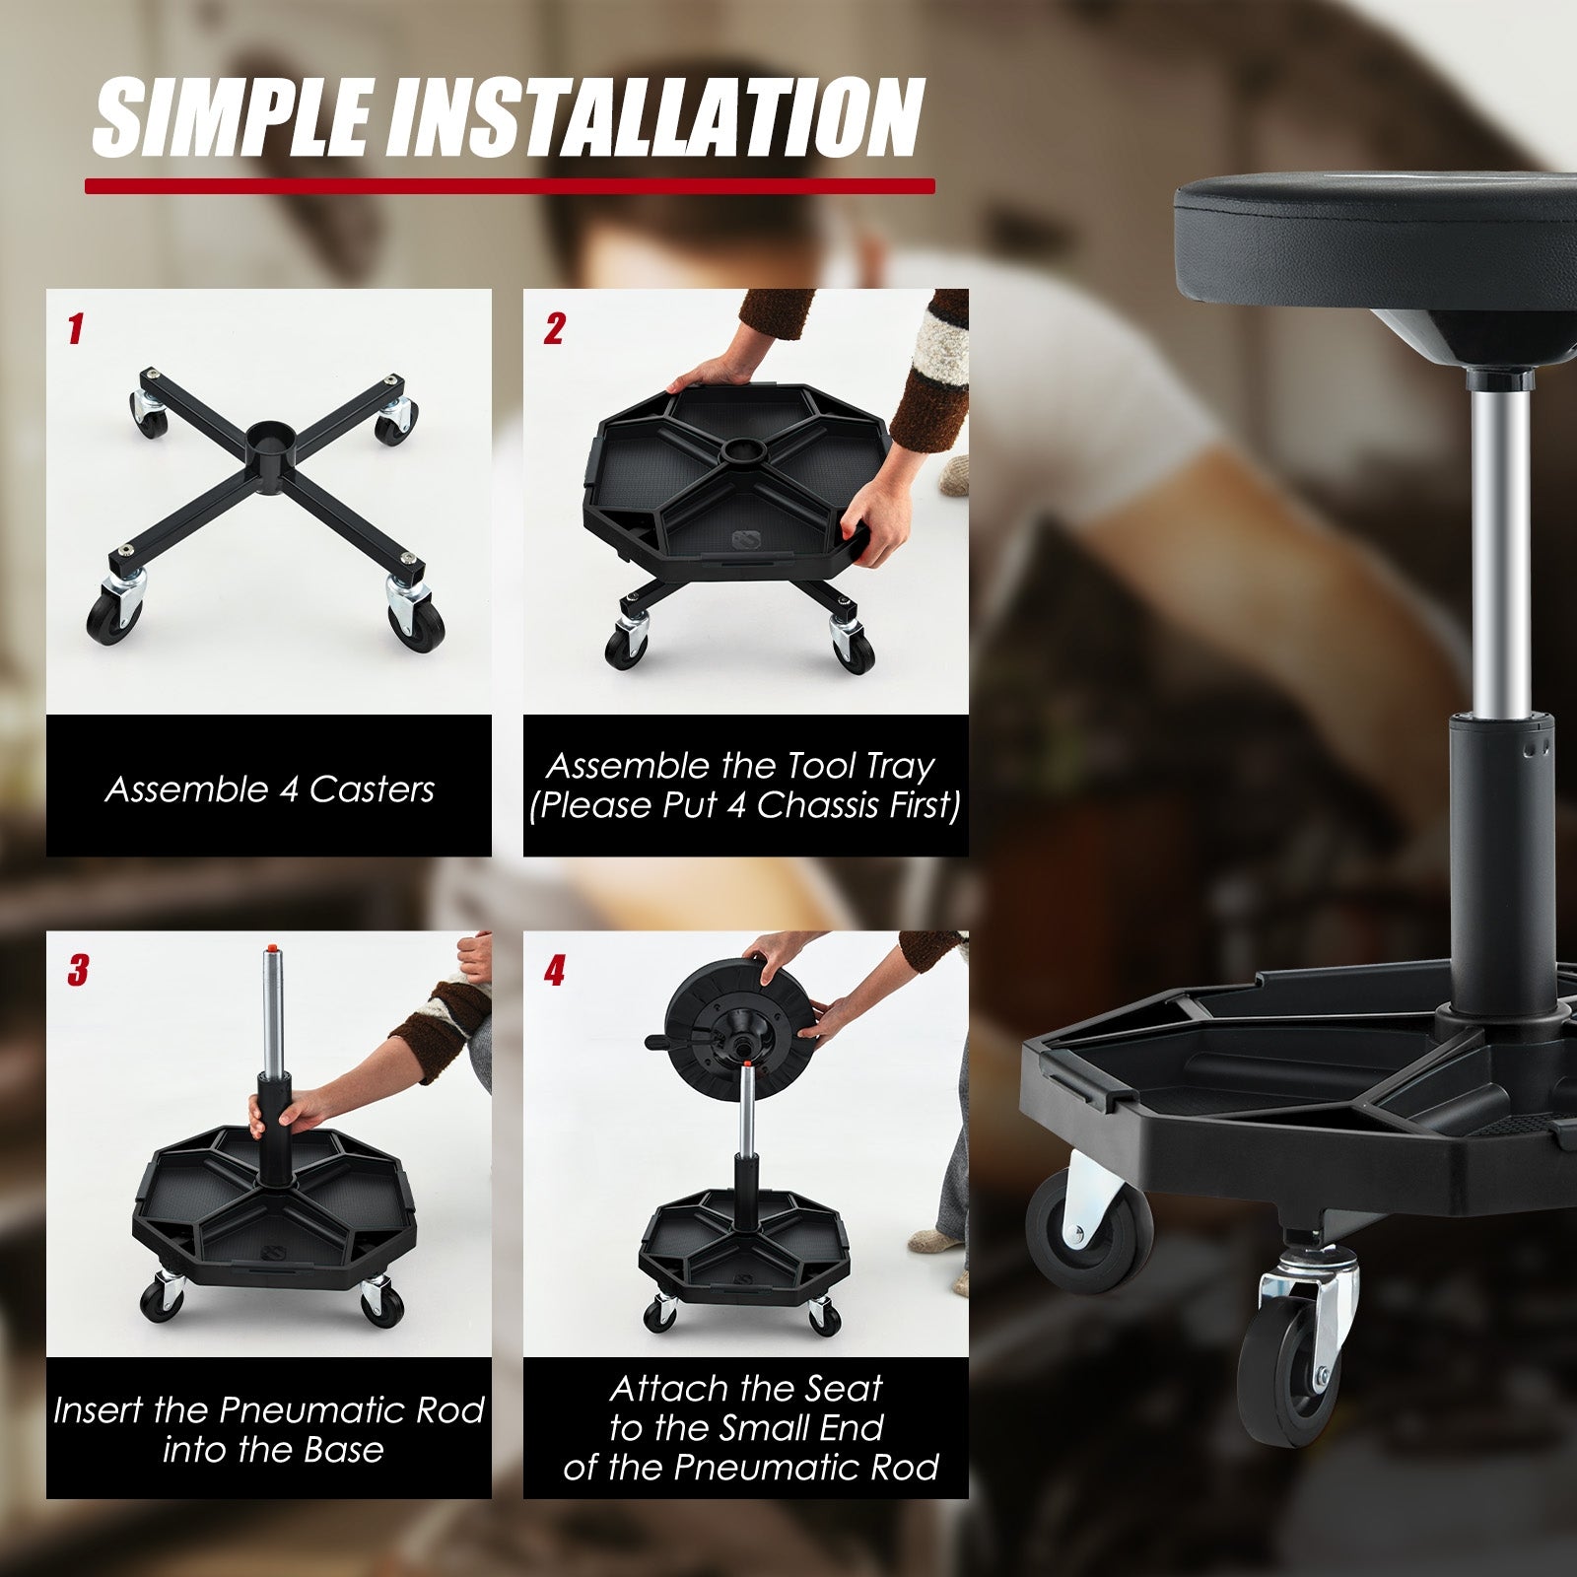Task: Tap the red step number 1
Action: pyautogui.click(x=75, y=329)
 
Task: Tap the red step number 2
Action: pyautogui.click(x=554, y=329)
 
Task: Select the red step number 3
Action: pyautogui.click(x=77, y=970)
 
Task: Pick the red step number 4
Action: pyautogui.click(x=554, y=970)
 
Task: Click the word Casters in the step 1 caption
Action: pyautogui.click(x=372, y=789)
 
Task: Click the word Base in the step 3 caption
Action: pyautogui.click(x=343, y=1450)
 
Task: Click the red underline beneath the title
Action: pyautogui.click(x=509, y=185)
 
